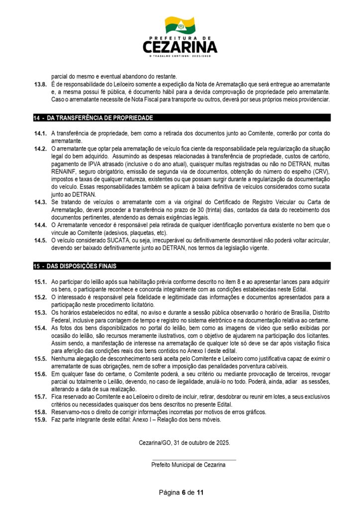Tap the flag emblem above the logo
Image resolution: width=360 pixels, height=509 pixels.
coord(180,25)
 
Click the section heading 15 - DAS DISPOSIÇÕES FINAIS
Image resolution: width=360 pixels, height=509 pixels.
coord(75,266)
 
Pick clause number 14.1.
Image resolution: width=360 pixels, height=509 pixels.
coord(40,133)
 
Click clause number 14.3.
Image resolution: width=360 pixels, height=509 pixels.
coord(40,201)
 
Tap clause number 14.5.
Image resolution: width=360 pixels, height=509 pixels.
coord(40,240)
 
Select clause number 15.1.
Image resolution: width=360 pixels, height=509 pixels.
coord(40,282)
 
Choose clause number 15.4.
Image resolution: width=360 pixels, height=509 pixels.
coord(40,328)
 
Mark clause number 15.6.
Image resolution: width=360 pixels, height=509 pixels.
coord(40,374)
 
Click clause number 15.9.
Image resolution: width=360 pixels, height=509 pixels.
coord(40,420)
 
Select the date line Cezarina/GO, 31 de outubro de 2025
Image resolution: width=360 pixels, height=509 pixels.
coord(184,442)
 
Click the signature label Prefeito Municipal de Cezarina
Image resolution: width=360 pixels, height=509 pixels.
coord(188,465)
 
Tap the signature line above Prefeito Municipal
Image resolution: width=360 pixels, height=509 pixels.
coord(193,460)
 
